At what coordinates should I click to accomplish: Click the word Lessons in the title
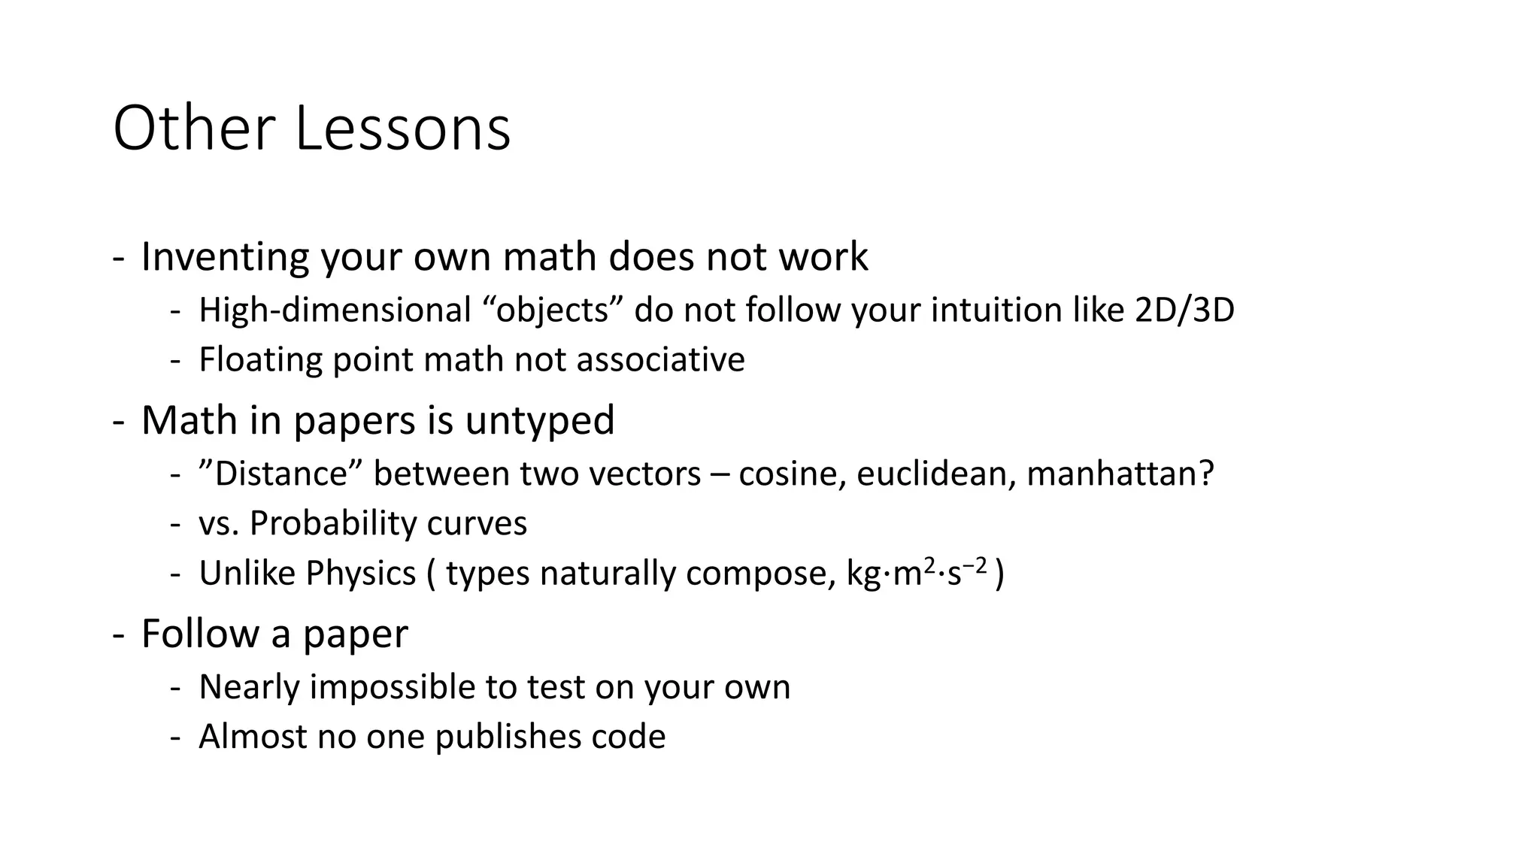pyautogui.click(x=402, y=129)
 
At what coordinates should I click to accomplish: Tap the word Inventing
pyautogui.click(x=224, y=257)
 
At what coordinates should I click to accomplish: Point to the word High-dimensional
pyautogui.click(x=335, y=310)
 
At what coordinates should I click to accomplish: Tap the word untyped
pyautogui.click(x=539, y=419)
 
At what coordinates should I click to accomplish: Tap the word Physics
pyautogui.click(x=361, y=574)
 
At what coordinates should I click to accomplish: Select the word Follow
pyautogui.click(x=200, y=633)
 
